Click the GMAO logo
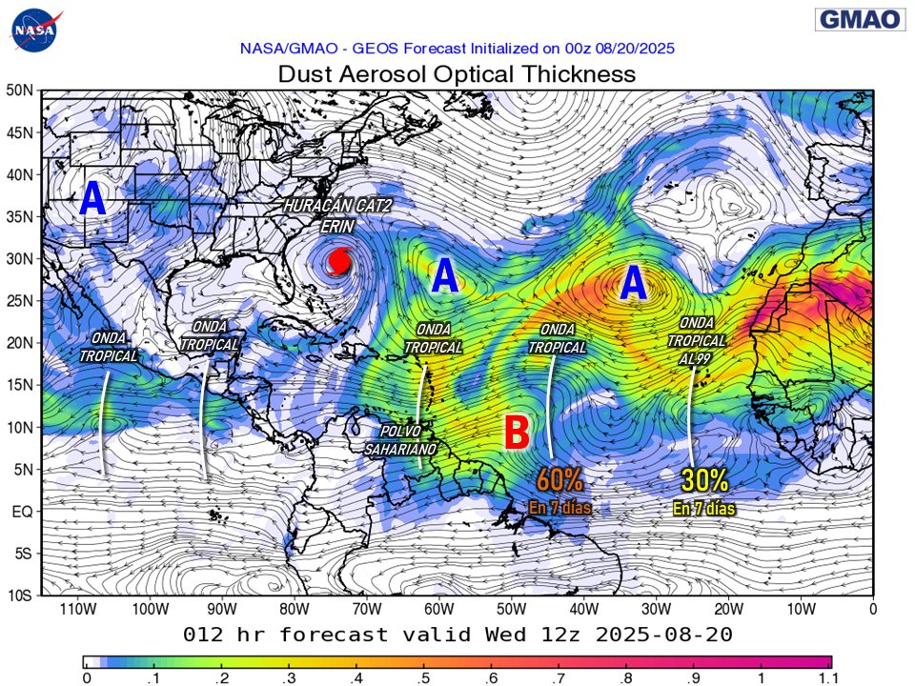(859, 20)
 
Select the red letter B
(516, 433)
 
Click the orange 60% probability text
(560, 479)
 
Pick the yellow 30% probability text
(704, 480)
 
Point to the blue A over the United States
(92, 199)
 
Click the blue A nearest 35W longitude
(634, 283)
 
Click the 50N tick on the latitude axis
(21, 91)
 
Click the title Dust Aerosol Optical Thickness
(456, 73)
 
